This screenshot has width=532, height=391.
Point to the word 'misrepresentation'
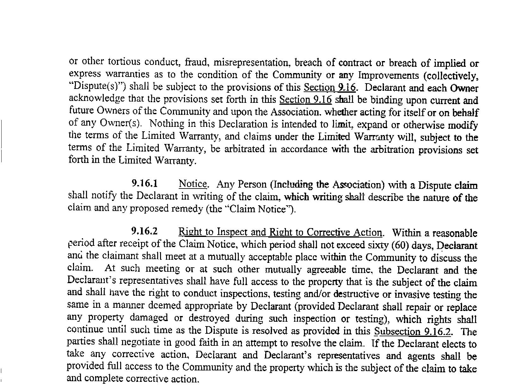(x=251, y=62)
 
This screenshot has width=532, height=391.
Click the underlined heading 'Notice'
(x=193, y=183)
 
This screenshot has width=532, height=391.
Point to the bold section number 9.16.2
(x=145, y=231)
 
